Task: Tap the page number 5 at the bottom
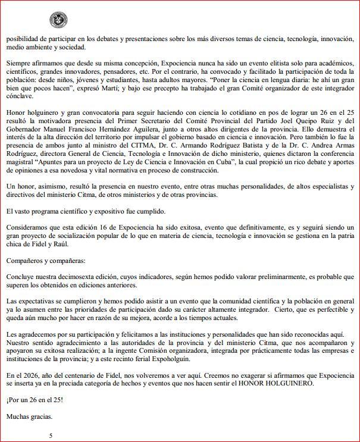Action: (x=51, y=435)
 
